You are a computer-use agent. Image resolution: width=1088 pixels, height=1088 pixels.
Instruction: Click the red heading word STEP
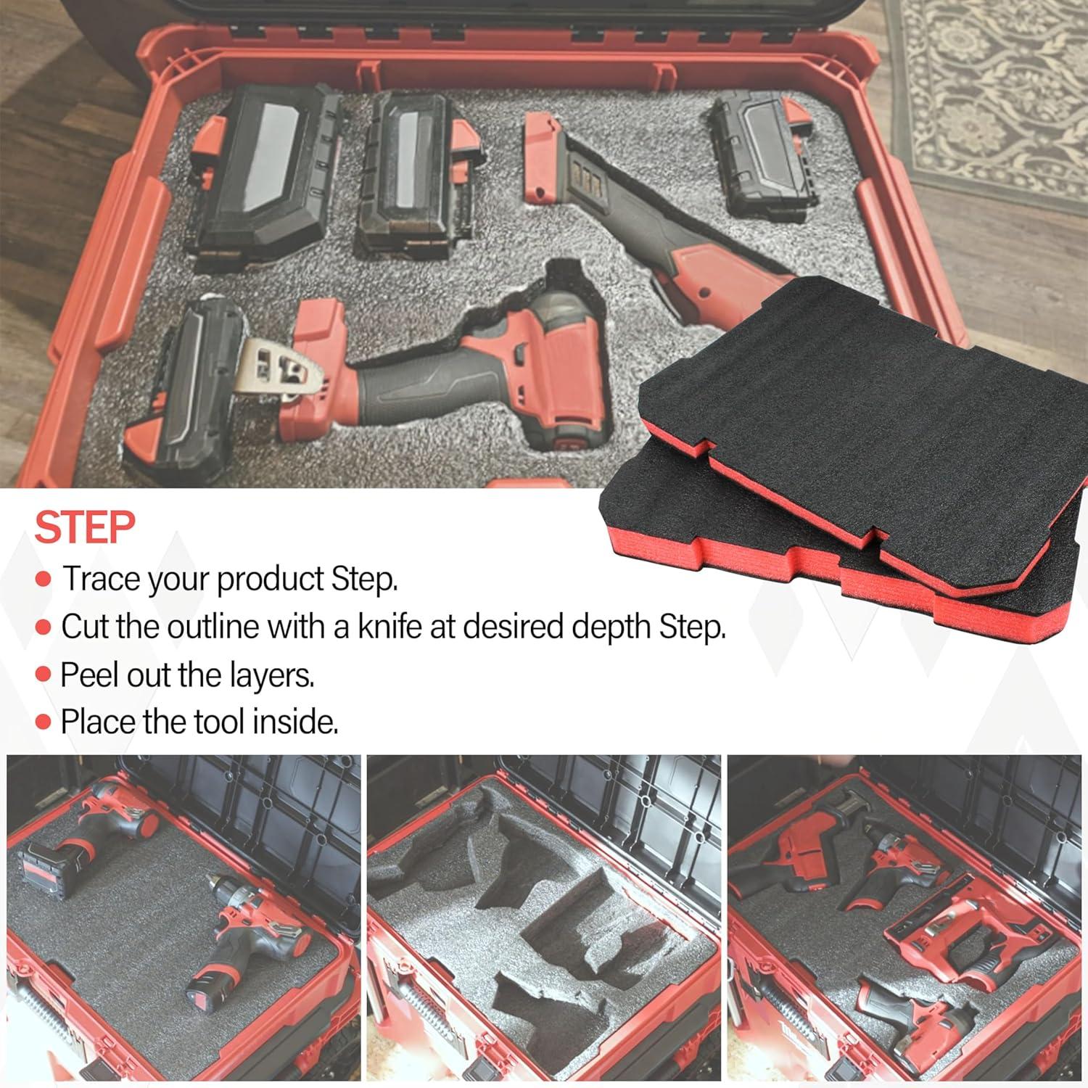[x=85, y=527]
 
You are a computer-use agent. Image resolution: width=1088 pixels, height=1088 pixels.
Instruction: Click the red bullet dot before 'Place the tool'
[x=44, y=722]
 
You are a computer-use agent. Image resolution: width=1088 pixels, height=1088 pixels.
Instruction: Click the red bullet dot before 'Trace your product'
[x=44, y=580]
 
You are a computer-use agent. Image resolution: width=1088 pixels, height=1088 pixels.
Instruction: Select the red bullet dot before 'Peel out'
[x=44, y=675]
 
